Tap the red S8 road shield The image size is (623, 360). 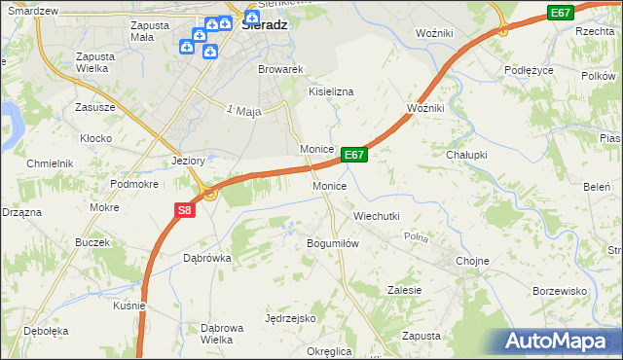(185, 209)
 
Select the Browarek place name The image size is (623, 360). (281, 70)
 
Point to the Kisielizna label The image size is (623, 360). (331, 90)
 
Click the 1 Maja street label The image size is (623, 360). (244, 112)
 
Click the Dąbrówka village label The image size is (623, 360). (206, 258)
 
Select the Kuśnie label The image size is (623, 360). (128, 306)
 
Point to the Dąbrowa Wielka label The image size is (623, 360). (221, 334)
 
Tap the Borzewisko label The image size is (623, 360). (560, 291)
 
